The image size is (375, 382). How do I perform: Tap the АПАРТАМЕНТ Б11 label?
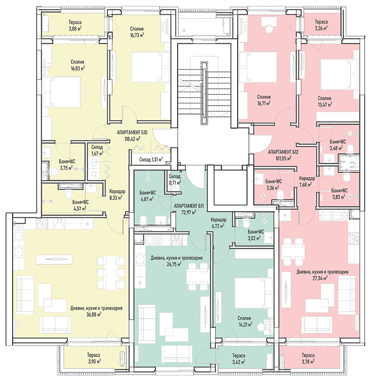pos(189,206)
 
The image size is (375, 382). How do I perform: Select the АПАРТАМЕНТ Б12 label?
pos(283,152)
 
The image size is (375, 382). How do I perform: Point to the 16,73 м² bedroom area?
pos(137,35)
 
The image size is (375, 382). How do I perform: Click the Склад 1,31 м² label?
pos(151,160)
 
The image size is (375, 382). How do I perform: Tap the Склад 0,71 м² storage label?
pos(175,179)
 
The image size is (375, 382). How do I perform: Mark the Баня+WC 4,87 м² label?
pos(148,196)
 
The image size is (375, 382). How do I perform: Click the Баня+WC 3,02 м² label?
pos(256,235)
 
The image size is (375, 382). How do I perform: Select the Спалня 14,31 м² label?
pos(244,321)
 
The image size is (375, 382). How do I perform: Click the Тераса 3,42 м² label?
pos(239,359)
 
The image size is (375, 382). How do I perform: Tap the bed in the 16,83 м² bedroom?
pos(62,92)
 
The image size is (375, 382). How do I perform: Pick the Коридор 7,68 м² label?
pos(307,182)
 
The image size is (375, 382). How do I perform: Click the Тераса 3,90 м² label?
pos(94,358)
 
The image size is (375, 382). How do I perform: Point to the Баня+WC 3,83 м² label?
pos(339,194)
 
